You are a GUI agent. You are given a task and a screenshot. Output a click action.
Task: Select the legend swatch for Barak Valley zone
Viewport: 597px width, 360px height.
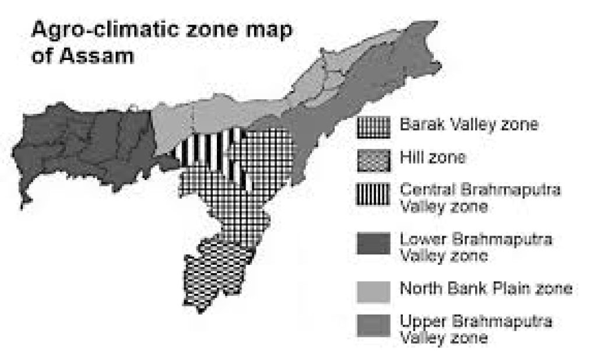pos(373,127)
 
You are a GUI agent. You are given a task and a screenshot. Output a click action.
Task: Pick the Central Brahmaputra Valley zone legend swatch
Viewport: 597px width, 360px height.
pos(373,196)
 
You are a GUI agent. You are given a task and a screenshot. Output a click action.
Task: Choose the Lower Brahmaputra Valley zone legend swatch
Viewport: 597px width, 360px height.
pos(373,244)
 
